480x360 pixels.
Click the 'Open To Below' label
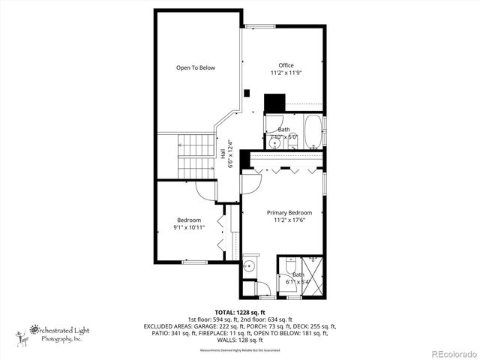195,68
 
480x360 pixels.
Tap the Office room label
286,65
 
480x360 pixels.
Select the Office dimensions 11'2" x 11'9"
286,73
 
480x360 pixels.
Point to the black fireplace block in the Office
275,103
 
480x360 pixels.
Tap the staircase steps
196,156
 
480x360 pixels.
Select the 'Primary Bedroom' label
289,213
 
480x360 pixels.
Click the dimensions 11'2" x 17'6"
289,220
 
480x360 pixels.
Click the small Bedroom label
188,219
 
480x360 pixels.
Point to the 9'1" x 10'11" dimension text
188,226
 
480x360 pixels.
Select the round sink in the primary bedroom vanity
250,266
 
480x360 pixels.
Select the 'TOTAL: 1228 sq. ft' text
239,312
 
